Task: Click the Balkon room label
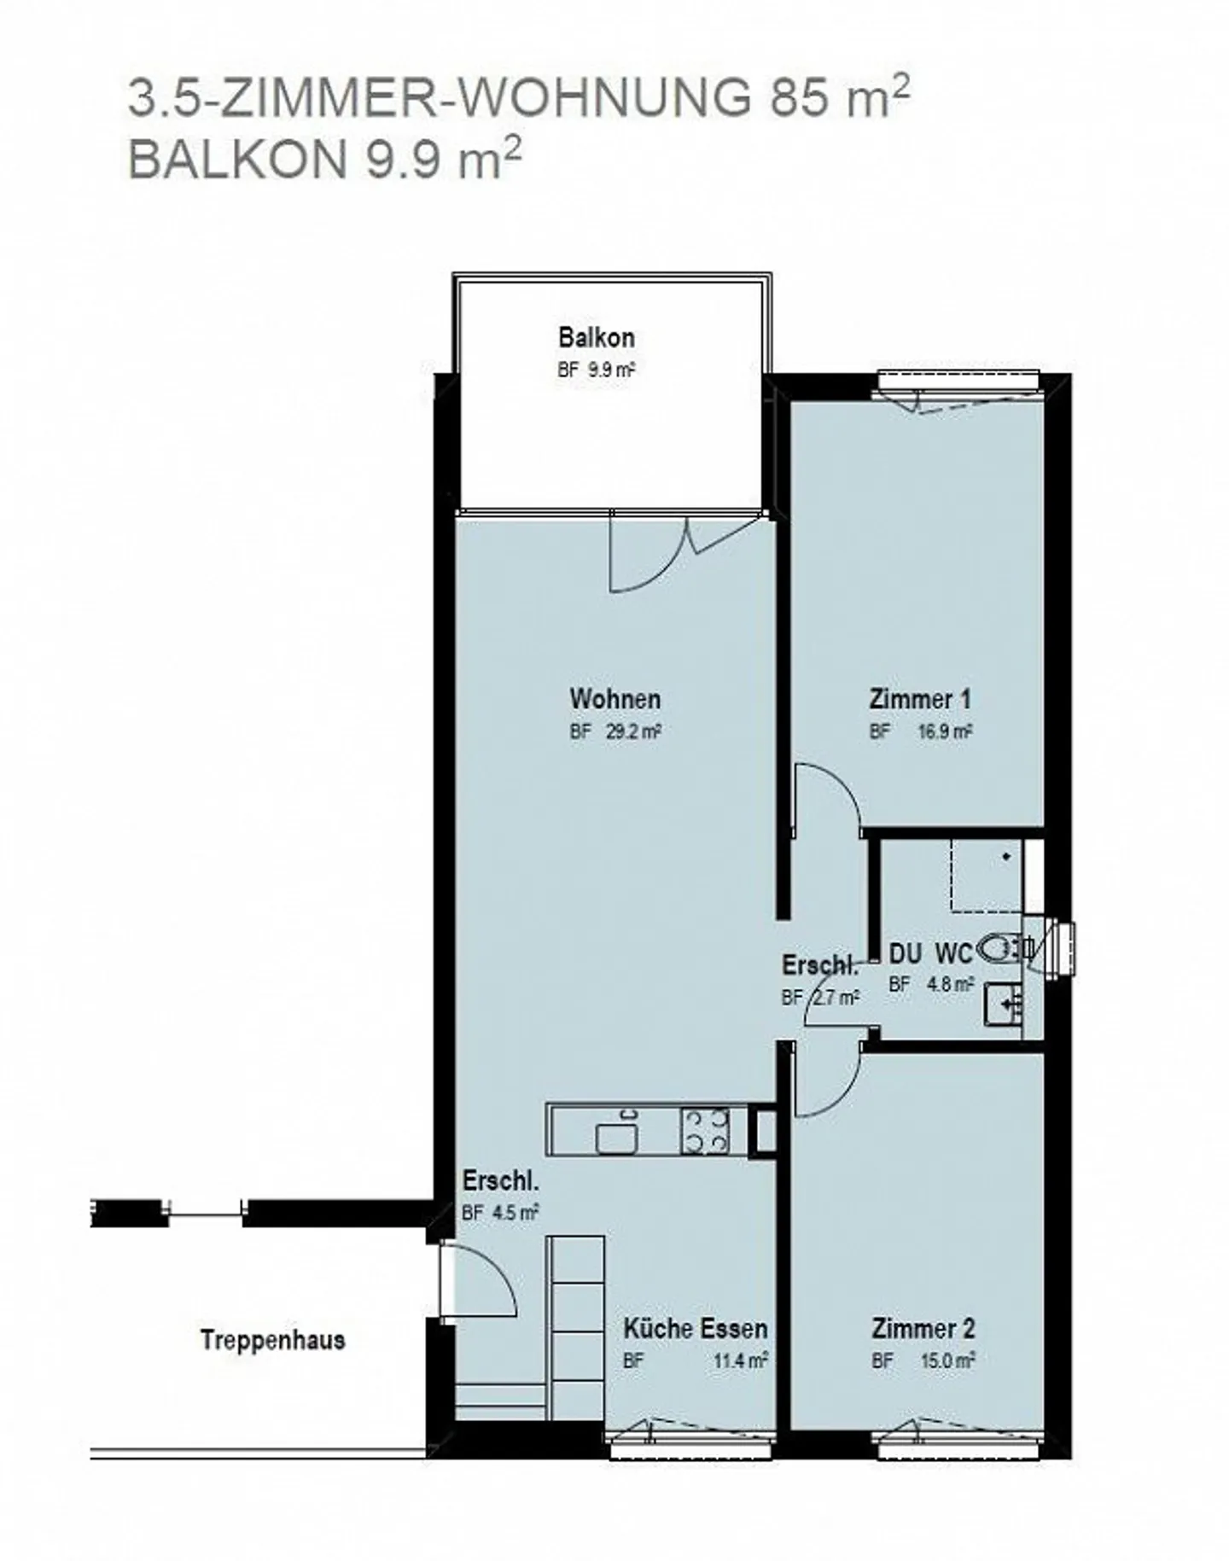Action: click(596, 337)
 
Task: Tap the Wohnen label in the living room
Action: click(614, 699)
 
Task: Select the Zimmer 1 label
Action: click(920, 699)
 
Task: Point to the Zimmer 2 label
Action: click(923, 1328)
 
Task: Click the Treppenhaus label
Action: click(273, 1339)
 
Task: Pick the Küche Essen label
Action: click(695, 1328)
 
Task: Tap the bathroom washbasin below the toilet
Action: click(1004, 1003)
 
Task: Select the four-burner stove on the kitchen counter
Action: click(705, 1131)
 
